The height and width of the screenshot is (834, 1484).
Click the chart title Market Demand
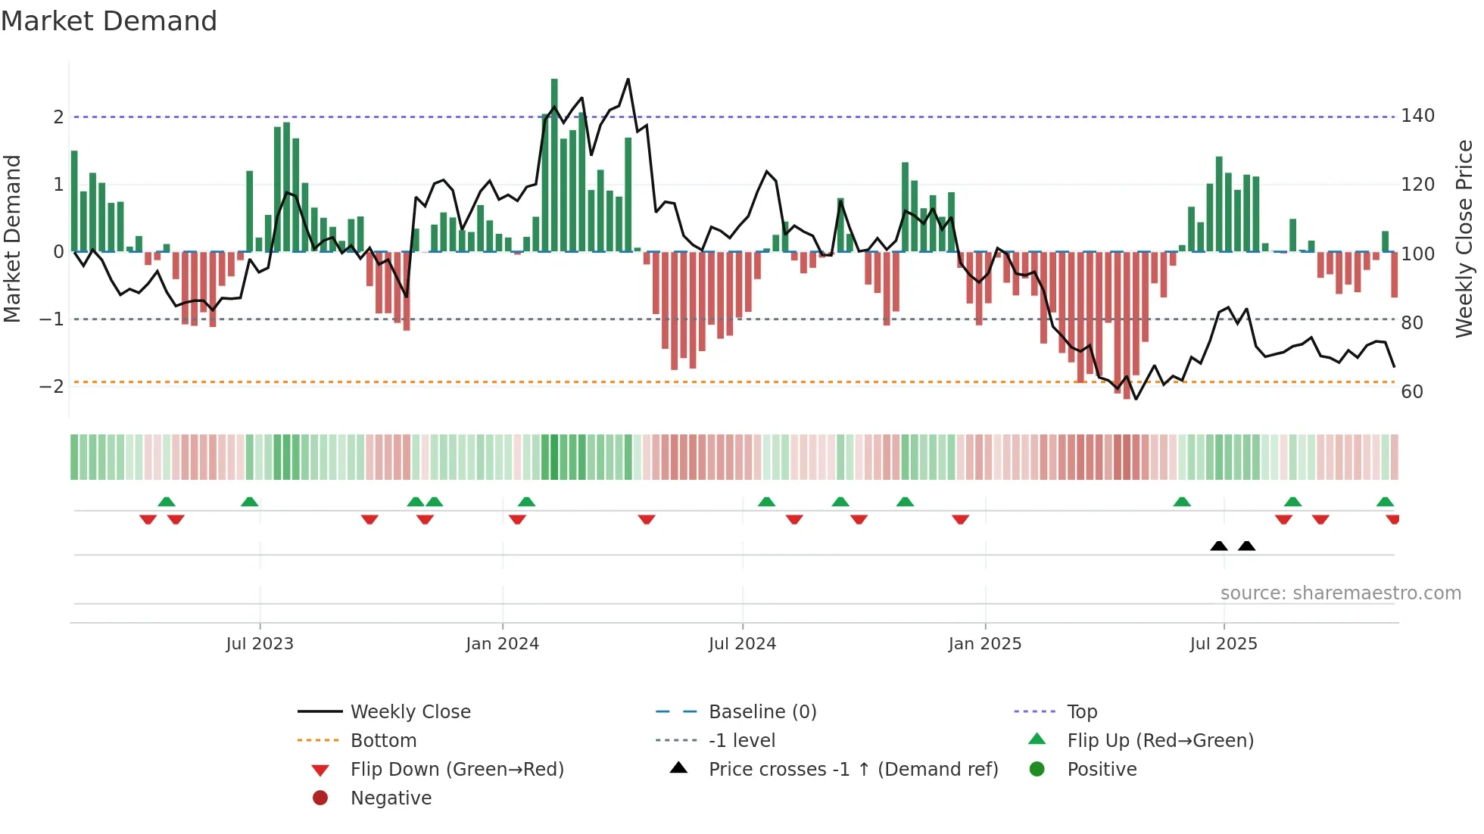coord(109,21)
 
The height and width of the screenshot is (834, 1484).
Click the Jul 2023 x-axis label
coord(260,644)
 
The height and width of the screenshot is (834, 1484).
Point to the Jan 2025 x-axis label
coord(984,644)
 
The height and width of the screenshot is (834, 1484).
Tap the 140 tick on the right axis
coord(1417,116)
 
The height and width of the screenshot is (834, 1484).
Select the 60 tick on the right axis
coord(1412,392)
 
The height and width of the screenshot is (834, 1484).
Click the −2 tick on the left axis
coord(51,387)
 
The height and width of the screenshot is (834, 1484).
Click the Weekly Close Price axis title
coord(1464,238)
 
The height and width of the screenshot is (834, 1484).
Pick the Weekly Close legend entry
coord(410,712)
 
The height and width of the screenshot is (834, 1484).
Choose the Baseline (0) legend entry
coord(762,712)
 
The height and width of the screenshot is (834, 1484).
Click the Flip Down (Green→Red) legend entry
coord(457,770)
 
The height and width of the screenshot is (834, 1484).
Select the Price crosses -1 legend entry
coord(853,770)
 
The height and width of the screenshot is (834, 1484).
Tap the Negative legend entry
coord(391,798)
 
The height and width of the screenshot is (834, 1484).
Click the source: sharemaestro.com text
coord(1340,593)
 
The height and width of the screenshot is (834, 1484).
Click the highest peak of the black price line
coord(628,79)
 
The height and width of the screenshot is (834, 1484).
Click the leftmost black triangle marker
coord(1219,546)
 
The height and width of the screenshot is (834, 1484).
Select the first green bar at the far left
coord(74,201)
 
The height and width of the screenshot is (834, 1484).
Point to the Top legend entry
coord(1081,712)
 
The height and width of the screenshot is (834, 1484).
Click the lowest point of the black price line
coord(1136,399)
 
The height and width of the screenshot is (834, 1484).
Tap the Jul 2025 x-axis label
coord(1223,644)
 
